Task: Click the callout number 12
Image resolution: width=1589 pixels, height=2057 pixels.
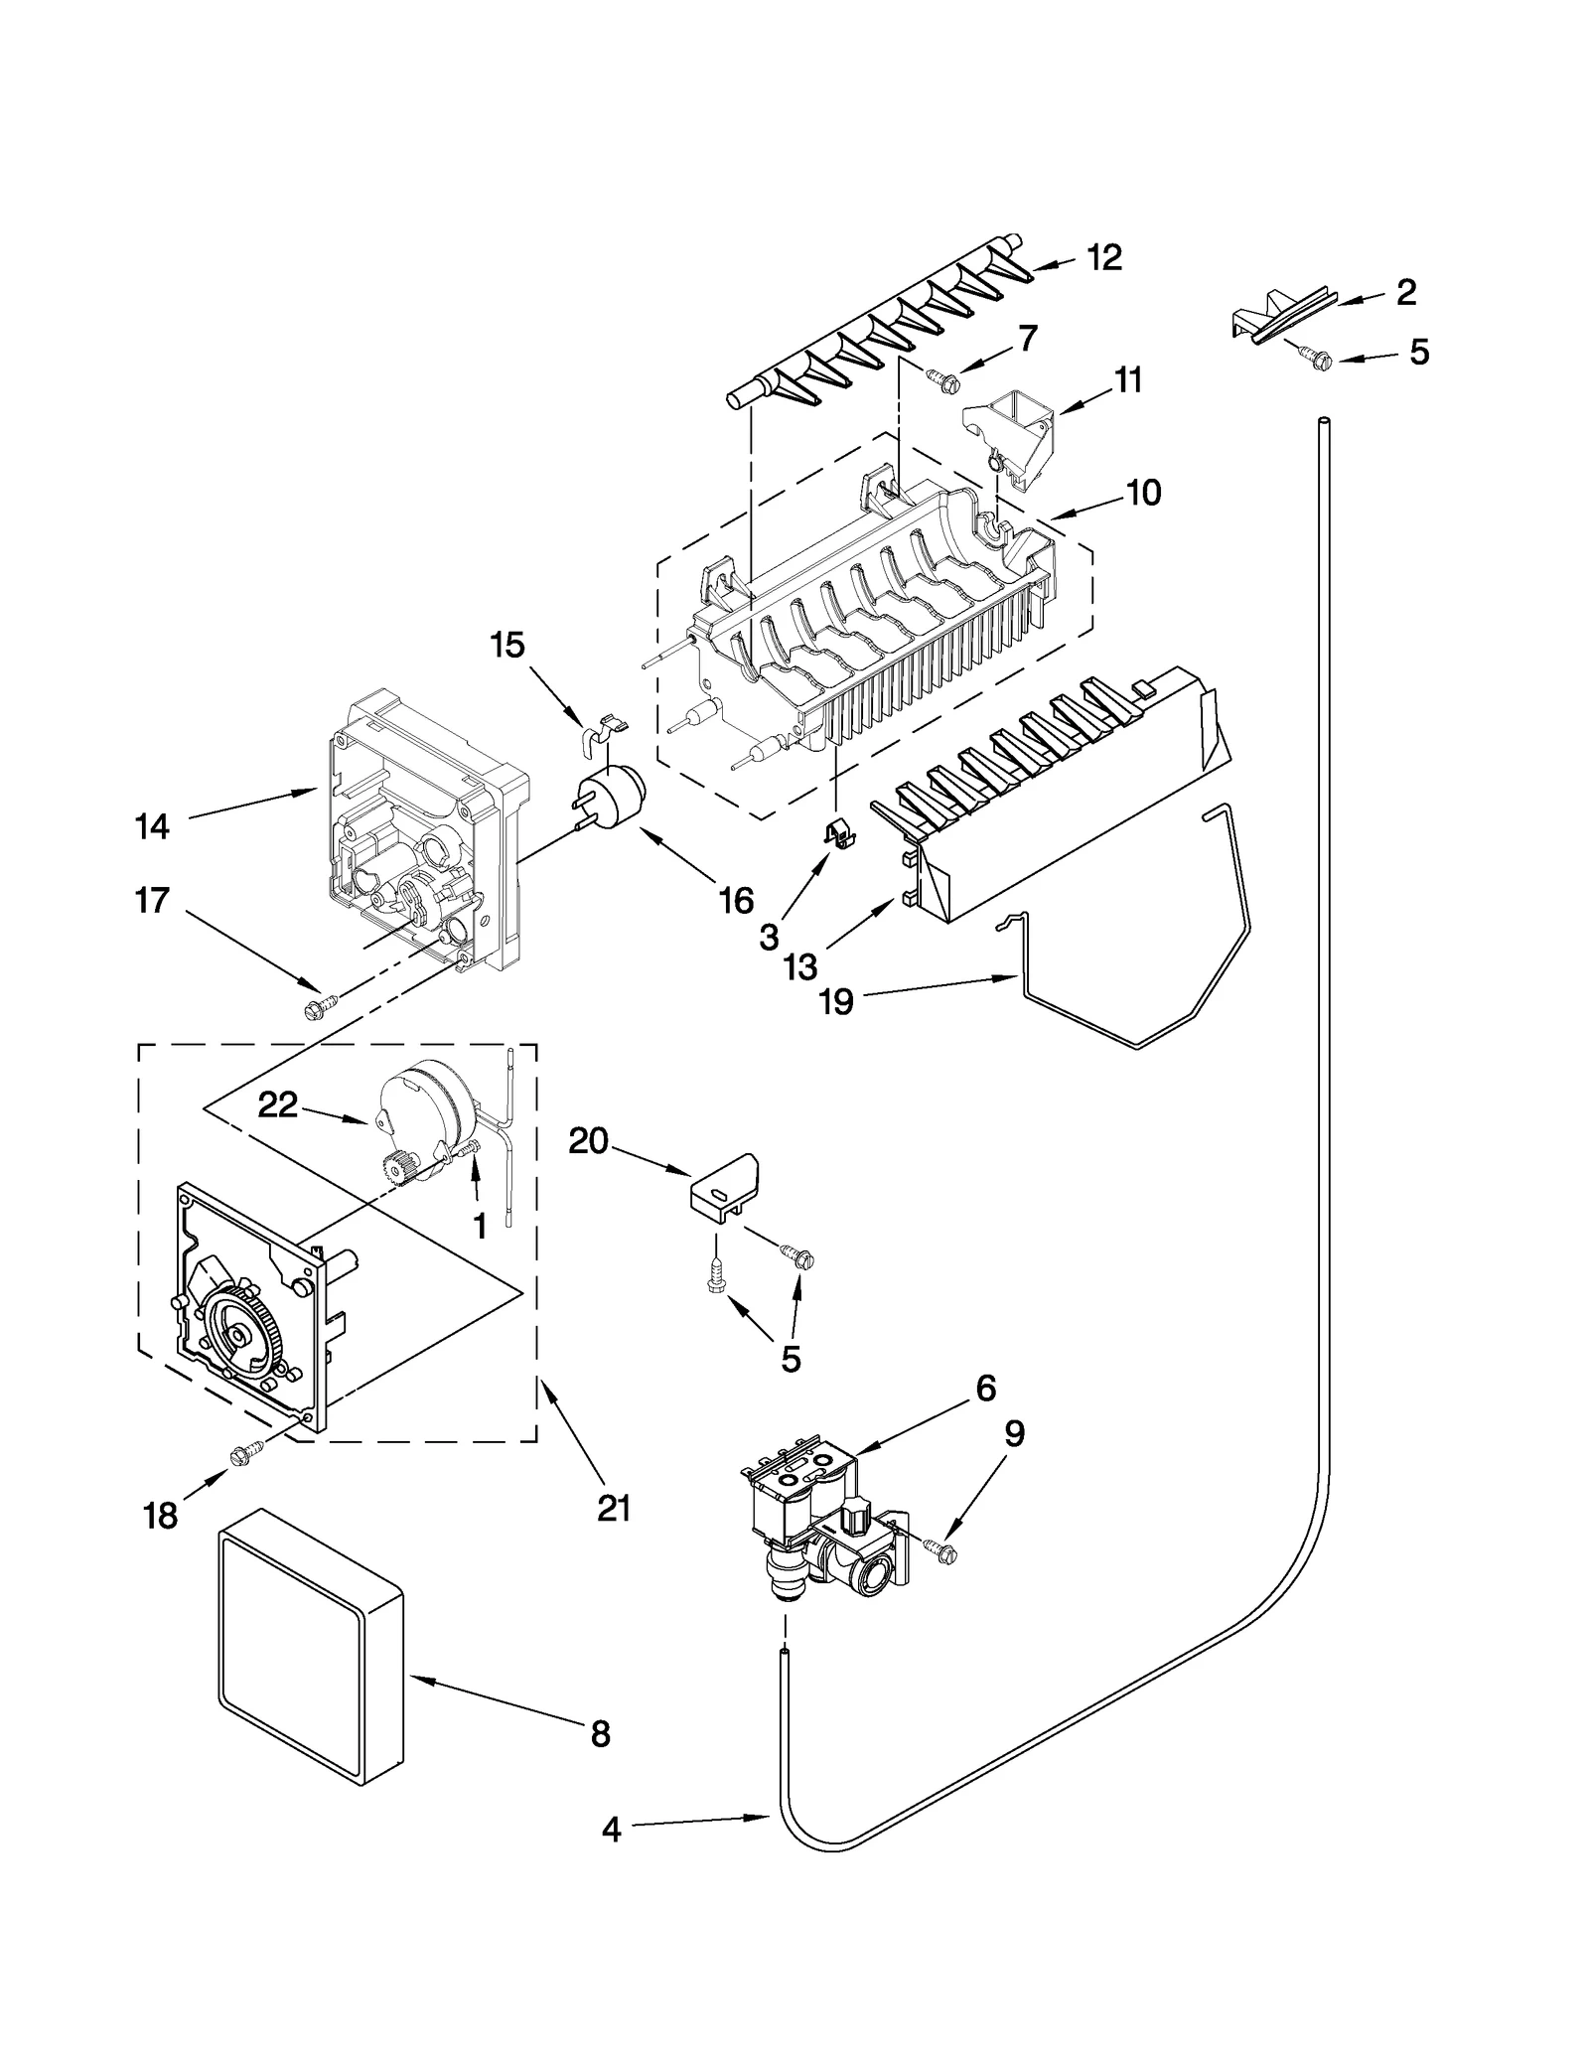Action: [x=1103, y=258]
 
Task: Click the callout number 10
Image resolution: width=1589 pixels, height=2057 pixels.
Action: [x=1144, y=493]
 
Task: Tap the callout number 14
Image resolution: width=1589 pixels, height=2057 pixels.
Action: [x=152, y=826]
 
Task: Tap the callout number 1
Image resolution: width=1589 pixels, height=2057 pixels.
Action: [x=480, y=1227]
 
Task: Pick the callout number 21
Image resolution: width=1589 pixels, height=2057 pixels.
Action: [x=614, y=1509]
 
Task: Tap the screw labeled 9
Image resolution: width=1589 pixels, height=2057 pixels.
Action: [x=943, y=1550]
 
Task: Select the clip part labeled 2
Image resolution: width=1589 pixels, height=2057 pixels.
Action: [x=1281, y=319]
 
